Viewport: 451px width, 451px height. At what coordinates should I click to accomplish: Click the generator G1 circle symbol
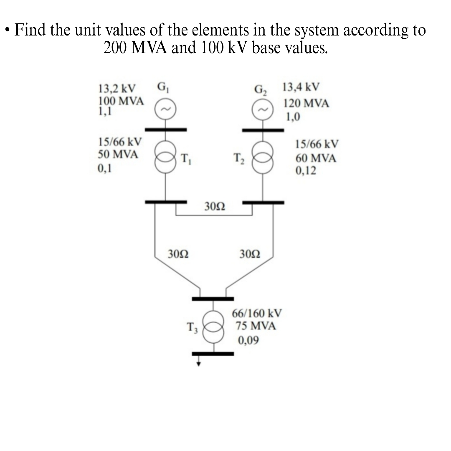click(165, 110)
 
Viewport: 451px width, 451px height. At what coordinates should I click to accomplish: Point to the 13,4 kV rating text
click(301, 88)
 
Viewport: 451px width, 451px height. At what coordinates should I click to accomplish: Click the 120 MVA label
click(307, 104)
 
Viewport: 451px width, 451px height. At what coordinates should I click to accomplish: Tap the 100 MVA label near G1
click(121, 101)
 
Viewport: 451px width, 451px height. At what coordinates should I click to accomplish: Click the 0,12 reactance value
click(306, 171)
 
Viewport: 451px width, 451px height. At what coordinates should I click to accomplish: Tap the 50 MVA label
click(117, 154)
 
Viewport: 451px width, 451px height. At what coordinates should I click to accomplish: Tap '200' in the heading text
click(115, 48)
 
